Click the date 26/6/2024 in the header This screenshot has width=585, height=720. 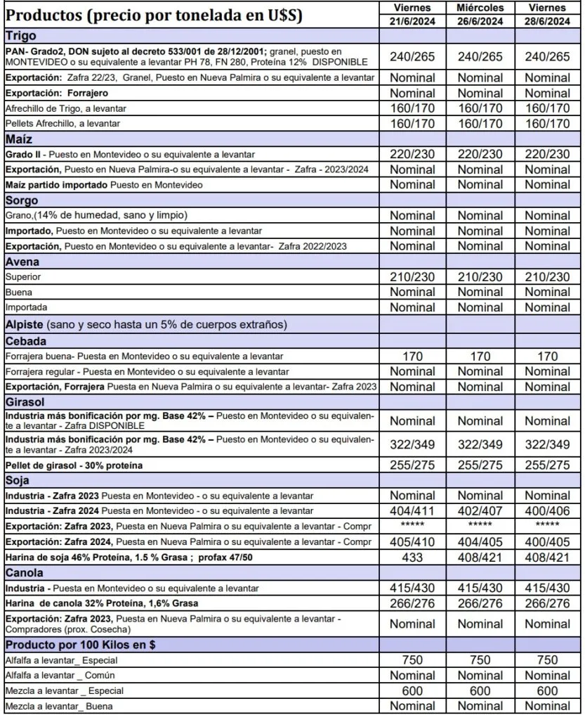(x=480, y=21)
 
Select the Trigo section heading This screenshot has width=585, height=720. (x=21, y=35)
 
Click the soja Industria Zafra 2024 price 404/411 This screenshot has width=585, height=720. (x=412, y=511)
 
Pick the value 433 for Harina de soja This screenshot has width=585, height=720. (x=412, y=558)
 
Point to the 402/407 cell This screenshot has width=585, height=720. (x=480, y=511)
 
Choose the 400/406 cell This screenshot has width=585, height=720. (x=548, y=511)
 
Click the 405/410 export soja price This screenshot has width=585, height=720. (x=412, y=542)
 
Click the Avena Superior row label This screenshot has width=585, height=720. (x=23, y=277)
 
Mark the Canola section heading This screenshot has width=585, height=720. (x=25, y=573)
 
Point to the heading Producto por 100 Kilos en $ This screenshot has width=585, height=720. (x=80, y=645)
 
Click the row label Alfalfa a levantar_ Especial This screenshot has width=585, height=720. (x=61, y=661)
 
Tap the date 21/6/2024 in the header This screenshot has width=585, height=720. (x=412, y=21)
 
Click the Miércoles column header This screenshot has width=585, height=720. (x=480, y=8)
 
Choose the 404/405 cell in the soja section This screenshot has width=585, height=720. (x=480, y=542)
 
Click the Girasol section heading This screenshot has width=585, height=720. (x=27, y=402)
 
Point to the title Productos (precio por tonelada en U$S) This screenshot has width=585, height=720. (x=154, y=15)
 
